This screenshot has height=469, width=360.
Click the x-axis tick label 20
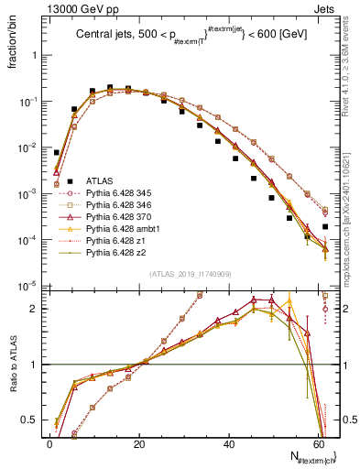pos(139,443)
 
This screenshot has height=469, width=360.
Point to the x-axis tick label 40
pos(229,443)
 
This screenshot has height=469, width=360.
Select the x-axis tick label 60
pos(318,443)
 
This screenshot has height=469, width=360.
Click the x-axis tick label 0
pos(49,443)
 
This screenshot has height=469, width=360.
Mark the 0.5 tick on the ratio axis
pos(29,420)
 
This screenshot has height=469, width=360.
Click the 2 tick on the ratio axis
pos(34,309)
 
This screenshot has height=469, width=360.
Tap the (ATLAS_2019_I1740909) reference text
pos(185,275)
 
